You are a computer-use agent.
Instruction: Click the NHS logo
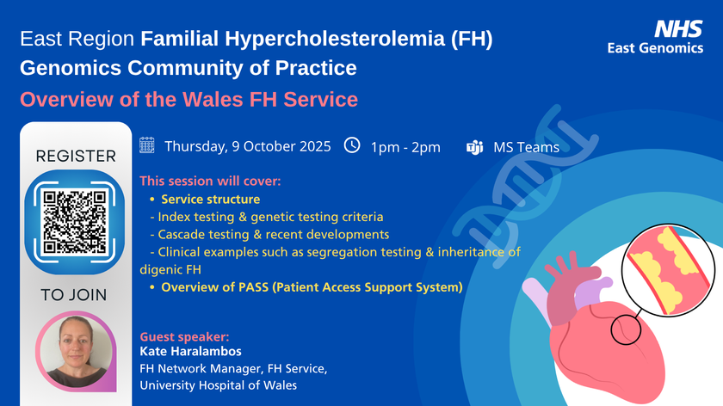click(678, 28)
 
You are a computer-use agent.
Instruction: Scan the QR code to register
click(74, 222)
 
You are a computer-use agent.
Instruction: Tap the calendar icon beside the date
click(146, 145)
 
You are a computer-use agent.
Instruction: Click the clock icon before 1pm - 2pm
click(352, 145)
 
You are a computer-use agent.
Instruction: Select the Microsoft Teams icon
click(474, 147)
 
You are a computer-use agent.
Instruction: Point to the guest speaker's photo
click(76, 352)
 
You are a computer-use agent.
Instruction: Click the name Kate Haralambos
click(190, 351)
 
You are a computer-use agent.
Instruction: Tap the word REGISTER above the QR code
click(76, 157)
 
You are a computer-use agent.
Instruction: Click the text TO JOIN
click(74, 295)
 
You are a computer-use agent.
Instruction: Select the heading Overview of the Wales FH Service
click(189, 100)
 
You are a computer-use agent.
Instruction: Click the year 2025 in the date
click(315, 146)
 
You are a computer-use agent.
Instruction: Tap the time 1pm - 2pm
click(405, 147)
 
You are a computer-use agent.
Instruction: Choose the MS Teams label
click(526, 147)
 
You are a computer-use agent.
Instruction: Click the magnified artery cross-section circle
click(668, 270)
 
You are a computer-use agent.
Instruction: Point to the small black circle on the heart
click(627, 329)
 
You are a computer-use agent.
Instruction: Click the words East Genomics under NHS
click(655, 48)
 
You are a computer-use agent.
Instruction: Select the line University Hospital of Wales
click(218, 385)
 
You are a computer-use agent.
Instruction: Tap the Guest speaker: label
click(184, 337)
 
